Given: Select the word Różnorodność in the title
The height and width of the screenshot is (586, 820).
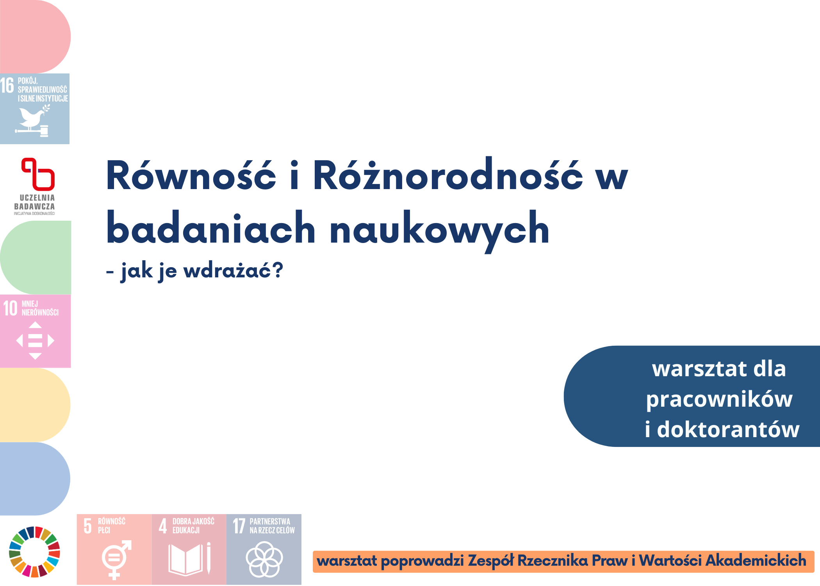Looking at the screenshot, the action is click(448, 174).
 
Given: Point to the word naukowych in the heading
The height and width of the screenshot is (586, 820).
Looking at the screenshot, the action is click(440, 231).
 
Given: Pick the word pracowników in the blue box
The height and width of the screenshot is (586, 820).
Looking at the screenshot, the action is click(719, 400).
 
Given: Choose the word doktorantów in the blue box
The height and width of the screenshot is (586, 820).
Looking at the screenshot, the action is click(728, 429).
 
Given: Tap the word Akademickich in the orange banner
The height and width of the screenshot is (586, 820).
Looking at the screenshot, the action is click(756, 560).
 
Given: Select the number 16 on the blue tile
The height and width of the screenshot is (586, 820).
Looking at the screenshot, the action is click(7, 86).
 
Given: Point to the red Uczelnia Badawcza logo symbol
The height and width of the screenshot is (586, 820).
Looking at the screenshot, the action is click(38, 174).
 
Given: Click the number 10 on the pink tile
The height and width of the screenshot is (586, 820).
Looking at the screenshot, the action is click(11, 308).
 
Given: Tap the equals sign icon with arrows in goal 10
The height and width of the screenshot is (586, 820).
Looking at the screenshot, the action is click(35, 340).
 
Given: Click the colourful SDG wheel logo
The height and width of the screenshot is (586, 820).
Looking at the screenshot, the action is click(34, 552).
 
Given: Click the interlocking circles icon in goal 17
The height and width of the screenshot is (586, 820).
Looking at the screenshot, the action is click(264, 559).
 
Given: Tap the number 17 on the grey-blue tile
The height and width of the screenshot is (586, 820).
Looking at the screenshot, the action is click(239, 526).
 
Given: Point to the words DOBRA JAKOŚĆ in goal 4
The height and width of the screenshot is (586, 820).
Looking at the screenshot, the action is click(193, 521).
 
